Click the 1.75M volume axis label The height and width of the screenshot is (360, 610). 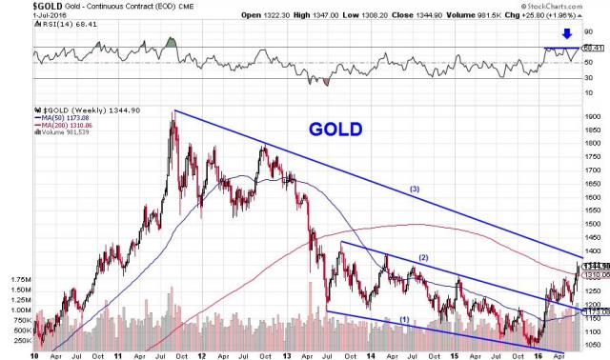[19, 281]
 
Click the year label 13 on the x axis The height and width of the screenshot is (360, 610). [287, 354]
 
